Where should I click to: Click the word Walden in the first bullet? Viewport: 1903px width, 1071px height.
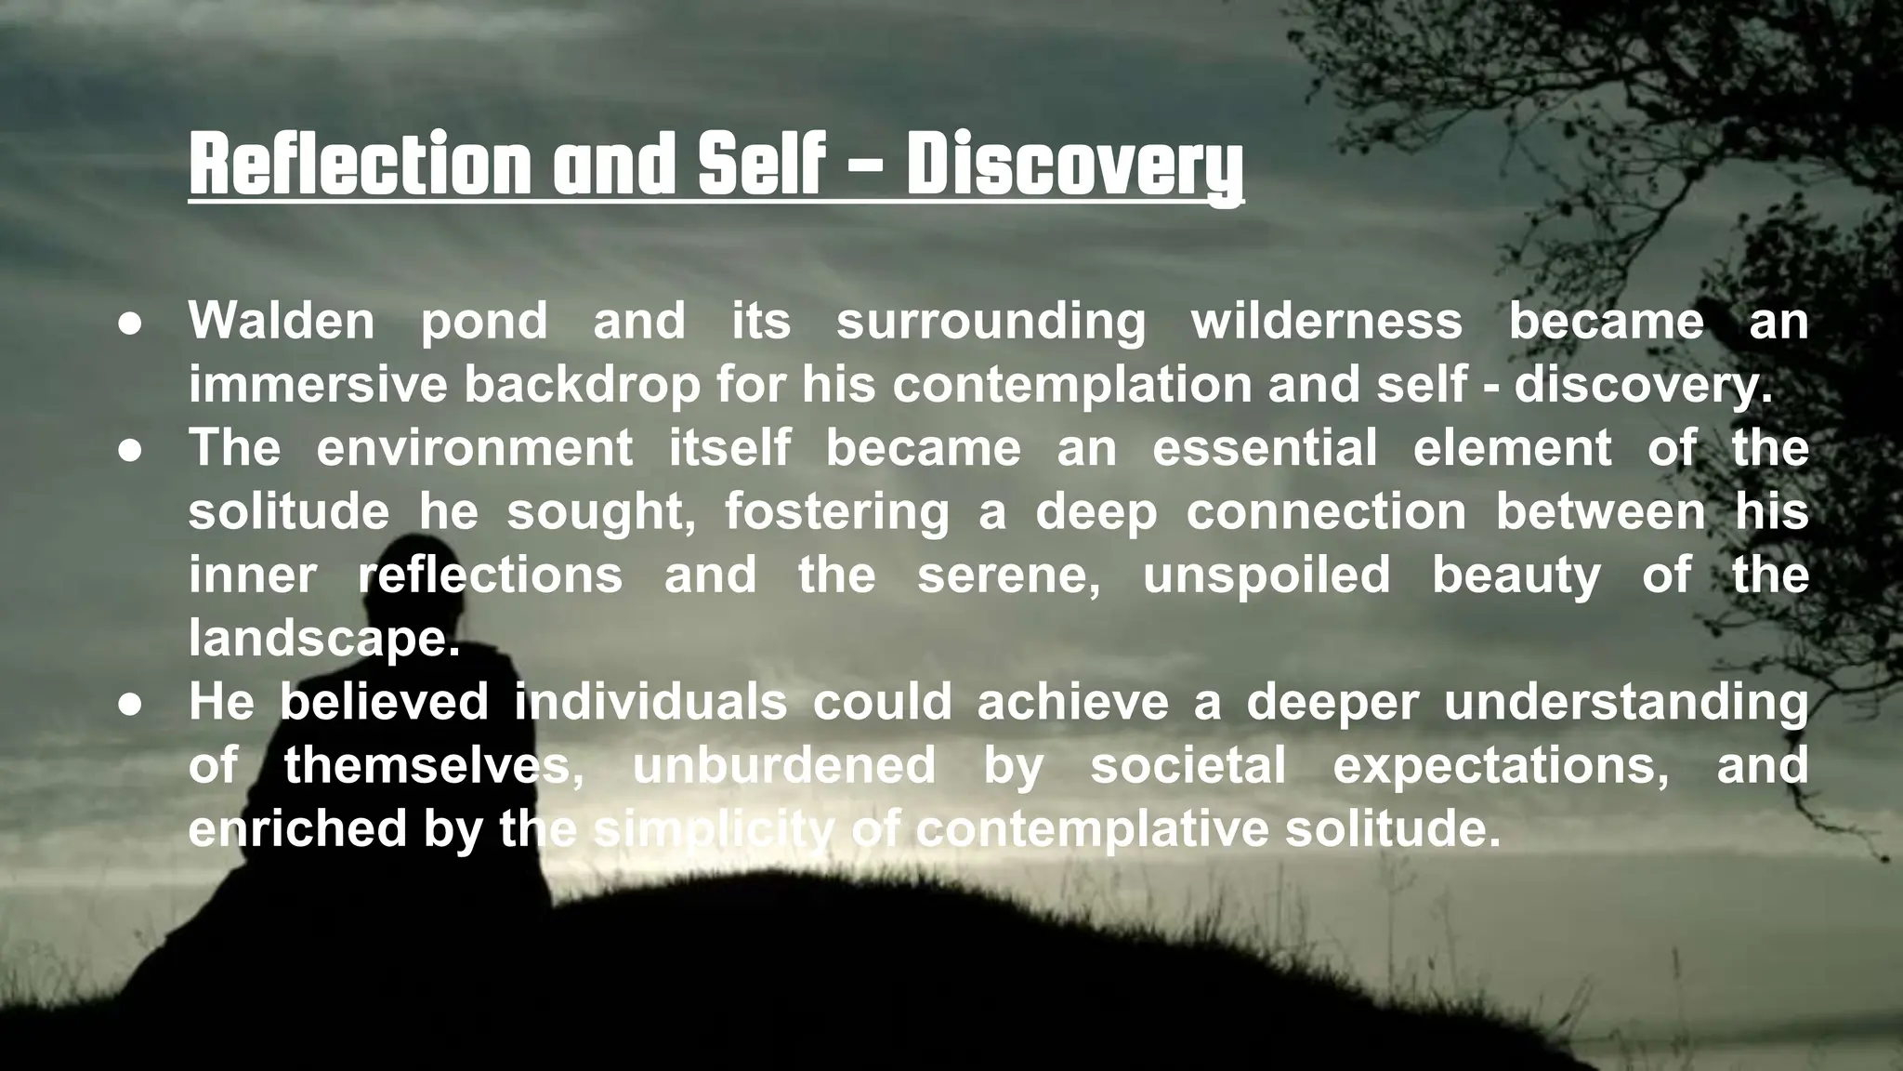click(282, 321)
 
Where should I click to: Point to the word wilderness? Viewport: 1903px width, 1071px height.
click(1326, 321)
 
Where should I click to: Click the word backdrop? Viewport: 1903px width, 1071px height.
click(582, 386)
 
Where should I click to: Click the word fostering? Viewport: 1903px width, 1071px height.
click(836, 512)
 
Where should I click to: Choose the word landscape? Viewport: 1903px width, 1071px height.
click(323, 640)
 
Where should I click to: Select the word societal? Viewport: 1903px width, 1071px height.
click(1188, 765)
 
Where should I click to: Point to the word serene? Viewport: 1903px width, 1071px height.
click(1008, 575)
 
